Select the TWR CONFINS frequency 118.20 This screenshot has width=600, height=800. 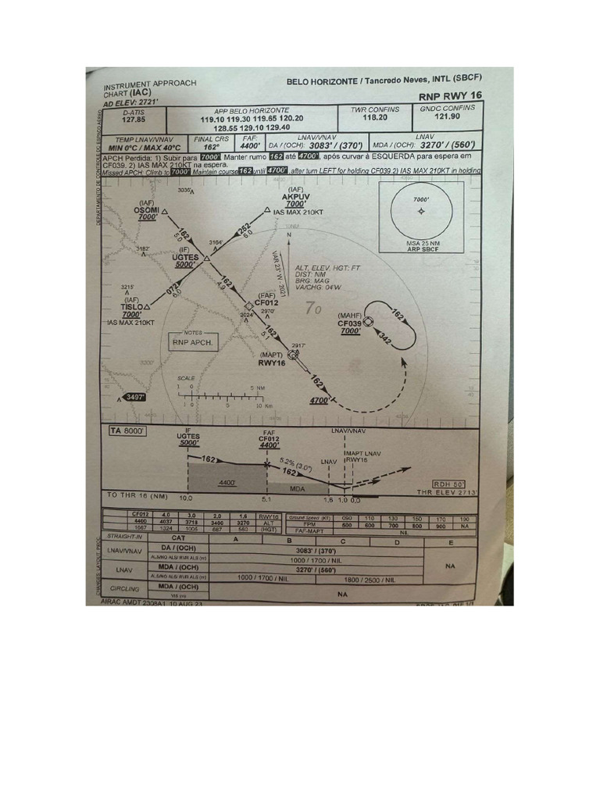375,116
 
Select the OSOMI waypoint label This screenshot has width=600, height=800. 147,210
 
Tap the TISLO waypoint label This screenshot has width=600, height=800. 131,307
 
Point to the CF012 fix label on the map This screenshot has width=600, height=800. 267,302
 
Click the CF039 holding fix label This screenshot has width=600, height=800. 349,323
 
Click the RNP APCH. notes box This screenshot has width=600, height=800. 192,341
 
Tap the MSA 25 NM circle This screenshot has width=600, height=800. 422,212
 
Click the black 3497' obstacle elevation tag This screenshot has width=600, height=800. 134,397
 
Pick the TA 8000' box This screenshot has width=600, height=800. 127,430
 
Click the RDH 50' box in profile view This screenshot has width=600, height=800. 448,484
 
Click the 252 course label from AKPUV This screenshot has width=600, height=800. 245,228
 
